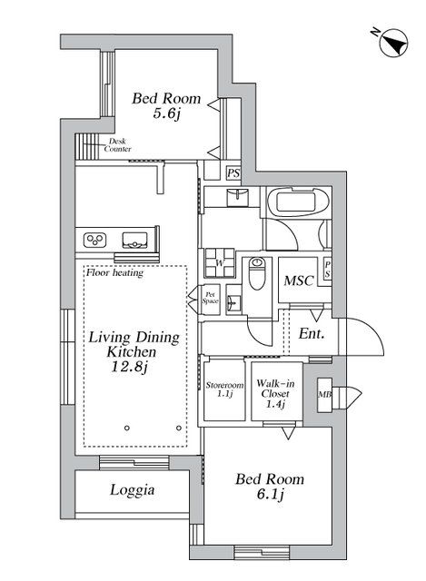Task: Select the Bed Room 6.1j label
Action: point(270,486)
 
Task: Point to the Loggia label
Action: point(133,490)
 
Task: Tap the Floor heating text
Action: point(112,271)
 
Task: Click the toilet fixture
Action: point(258,271)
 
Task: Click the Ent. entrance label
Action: point(312,333)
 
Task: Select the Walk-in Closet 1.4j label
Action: point(272,393)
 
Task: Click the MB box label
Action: point(323,395)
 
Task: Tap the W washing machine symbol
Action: point(220,264)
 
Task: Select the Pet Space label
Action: point(209,297)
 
